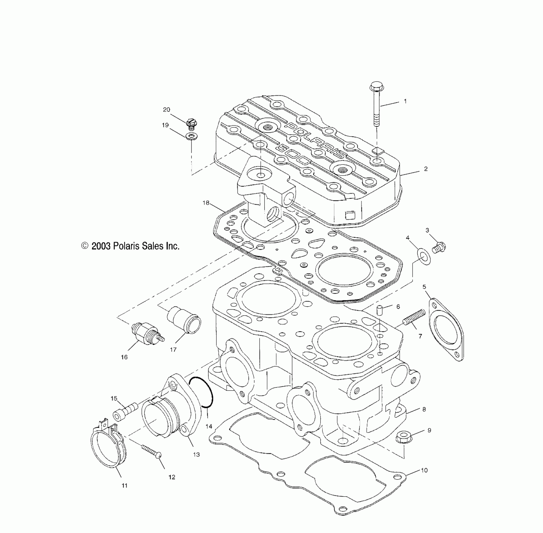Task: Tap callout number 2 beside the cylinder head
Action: [x=425, y=169]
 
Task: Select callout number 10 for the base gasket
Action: [x=424, y=470]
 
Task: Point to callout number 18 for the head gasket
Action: [x=206, y=203]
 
